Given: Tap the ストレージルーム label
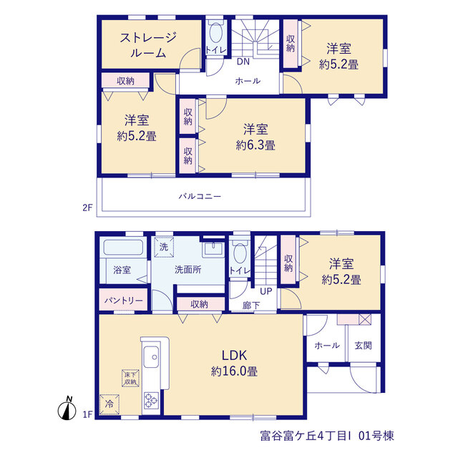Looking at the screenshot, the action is pyautogui.click(x=148, y=45).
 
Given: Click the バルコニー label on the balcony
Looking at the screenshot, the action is pyautogui.click(x=200, y=196).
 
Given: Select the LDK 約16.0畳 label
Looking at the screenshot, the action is pyautogui.click(x=234, y=363).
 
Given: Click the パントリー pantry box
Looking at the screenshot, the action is pyautogui.click(x=123, y=300).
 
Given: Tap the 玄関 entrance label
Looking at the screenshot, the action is pyautogui.click(x=363, y=346).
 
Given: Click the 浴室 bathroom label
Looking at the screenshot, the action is pyautogui.click(x=122, y=270).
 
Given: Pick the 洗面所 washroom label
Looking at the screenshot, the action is pyautogui.click(x=187, y=269).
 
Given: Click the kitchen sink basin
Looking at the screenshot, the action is pyautogui.click(x=151, y=357).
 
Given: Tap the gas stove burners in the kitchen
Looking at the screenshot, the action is pyautogui.click(x=151, y=400).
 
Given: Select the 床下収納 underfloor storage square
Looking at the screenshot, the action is pyautogui.click(x=130, y=379).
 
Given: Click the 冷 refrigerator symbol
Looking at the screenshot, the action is pyautogui.click(x=109, y=404).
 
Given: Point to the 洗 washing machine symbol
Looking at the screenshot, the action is pyautogui.click(x=164, y=247).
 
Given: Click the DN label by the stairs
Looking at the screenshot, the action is pyautogui.click(x=243, y=62).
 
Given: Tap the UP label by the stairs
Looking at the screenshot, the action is pyautogui.click(x=265, y=291).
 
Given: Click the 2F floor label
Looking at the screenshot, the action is pyautogui.click(x=87, y=208).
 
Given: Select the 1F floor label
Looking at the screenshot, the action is pyautogui.click(x=87, y=414).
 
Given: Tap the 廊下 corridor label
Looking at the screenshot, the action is pyautogui.click(x=251, y=306).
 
